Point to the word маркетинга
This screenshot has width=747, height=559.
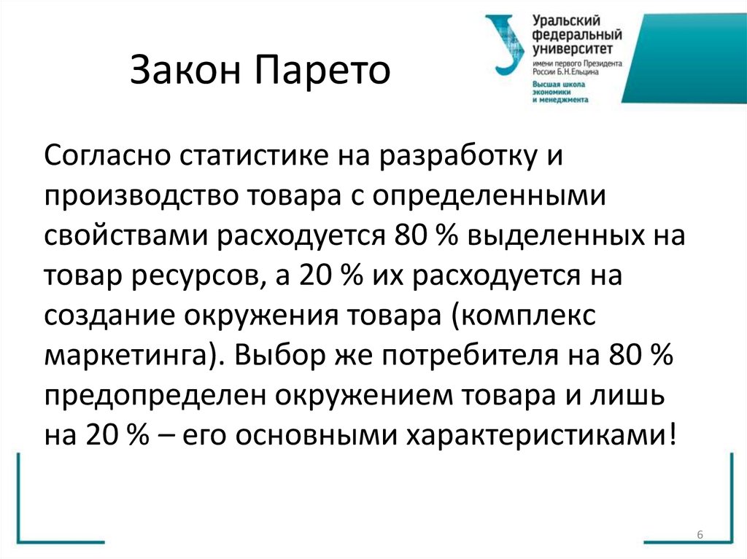124,358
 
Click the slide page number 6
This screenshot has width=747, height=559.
700,536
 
